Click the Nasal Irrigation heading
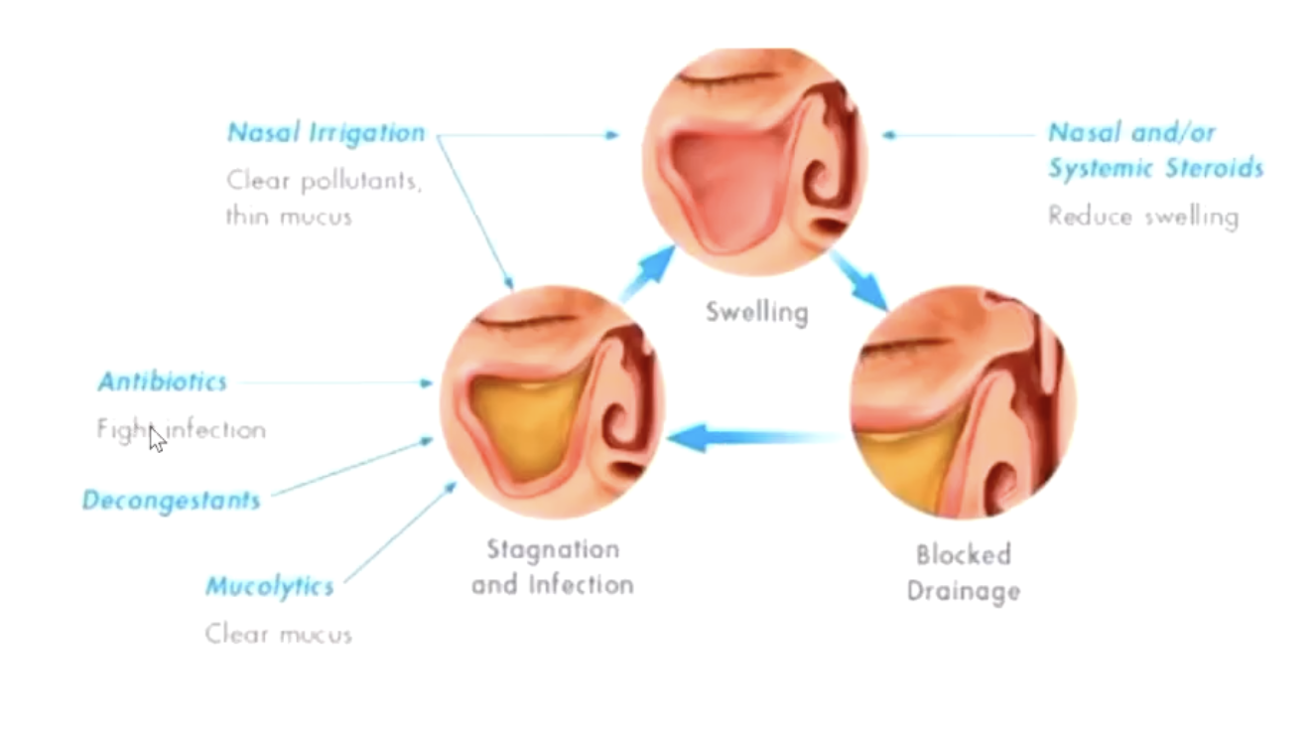coord(326,133)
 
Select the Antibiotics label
coord(162,381)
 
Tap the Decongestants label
coord(171,501)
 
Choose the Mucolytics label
coord(269,587)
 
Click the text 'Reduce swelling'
coord(1142,217)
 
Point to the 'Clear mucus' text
coord(278,634)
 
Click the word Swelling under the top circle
coord(756,313)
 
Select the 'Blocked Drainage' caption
coord(963,572)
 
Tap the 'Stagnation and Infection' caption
coord(552,566)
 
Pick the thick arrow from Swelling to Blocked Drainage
coord(859,280)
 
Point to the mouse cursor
coord(156,438)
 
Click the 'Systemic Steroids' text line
coord(1155,168)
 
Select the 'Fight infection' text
coord(181,430)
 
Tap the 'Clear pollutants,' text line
coord(324,182)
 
